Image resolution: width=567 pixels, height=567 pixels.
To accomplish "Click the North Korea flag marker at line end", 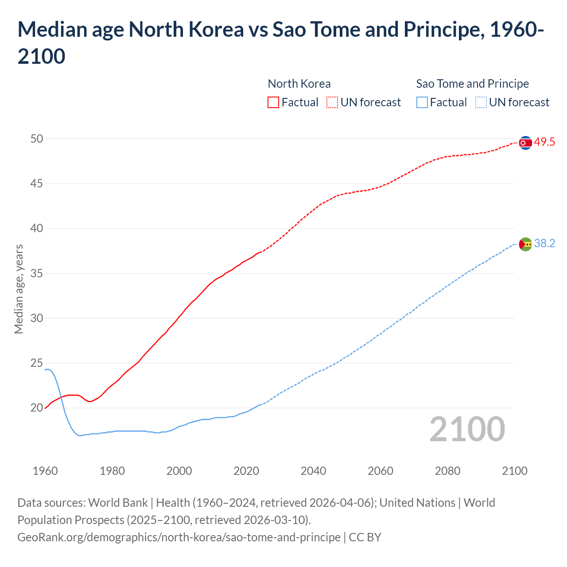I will pyautogui.click(x=525, y=143).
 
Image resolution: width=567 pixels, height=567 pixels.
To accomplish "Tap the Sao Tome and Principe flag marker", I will pyautogui.click(x=525, y=244).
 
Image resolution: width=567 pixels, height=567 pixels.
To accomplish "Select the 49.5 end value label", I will pyautogui.click(x=544, y=142).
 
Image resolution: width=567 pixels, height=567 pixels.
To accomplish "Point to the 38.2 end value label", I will pyautogui.click(x=544, y=244).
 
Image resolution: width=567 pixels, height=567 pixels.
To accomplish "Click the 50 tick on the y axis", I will pyautogui.click(x=37, y=139).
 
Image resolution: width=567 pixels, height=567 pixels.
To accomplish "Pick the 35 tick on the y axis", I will pyautogui.click(x=37, y=274).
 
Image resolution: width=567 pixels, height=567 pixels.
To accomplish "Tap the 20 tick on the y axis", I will pyautogui.click(x=37, y=408).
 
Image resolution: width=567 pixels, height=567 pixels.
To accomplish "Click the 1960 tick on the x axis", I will pyautogui.click(x=45, y=471).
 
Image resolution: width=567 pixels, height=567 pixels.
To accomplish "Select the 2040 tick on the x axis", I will pyautogui.click(x=313, y=471).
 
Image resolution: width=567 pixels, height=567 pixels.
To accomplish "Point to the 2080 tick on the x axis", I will pyautogui.click(x=447, y=471).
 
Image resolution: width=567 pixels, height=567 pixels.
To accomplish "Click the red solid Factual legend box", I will pyautogui.click(x=273, y=102).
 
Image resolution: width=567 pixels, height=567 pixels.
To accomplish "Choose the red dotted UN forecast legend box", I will pyautogui.click(x=332, y=102).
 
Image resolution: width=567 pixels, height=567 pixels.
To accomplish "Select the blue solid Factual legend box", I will pyautogui.click(x=422, y=102).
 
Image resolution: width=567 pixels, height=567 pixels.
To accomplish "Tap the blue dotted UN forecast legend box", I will pyautogui.click(x=481, y=102).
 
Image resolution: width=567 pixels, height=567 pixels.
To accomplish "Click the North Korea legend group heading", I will pyautogui.click(x=299, y=84).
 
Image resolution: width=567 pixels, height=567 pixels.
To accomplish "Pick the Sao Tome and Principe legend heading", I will pyautogui.click(x=472, y=84).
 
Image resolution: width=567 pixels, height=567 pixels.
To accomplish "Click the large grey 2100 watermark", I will pyautogui.click(x=467, y=429).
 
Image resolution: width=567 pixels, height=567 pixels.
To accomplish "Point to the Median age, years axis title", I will pyautogui.click(x=19, y=289).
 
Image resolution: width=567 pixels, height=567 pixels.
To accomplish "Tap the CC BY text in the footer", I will pyautogui.click(x=365, y=537).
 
